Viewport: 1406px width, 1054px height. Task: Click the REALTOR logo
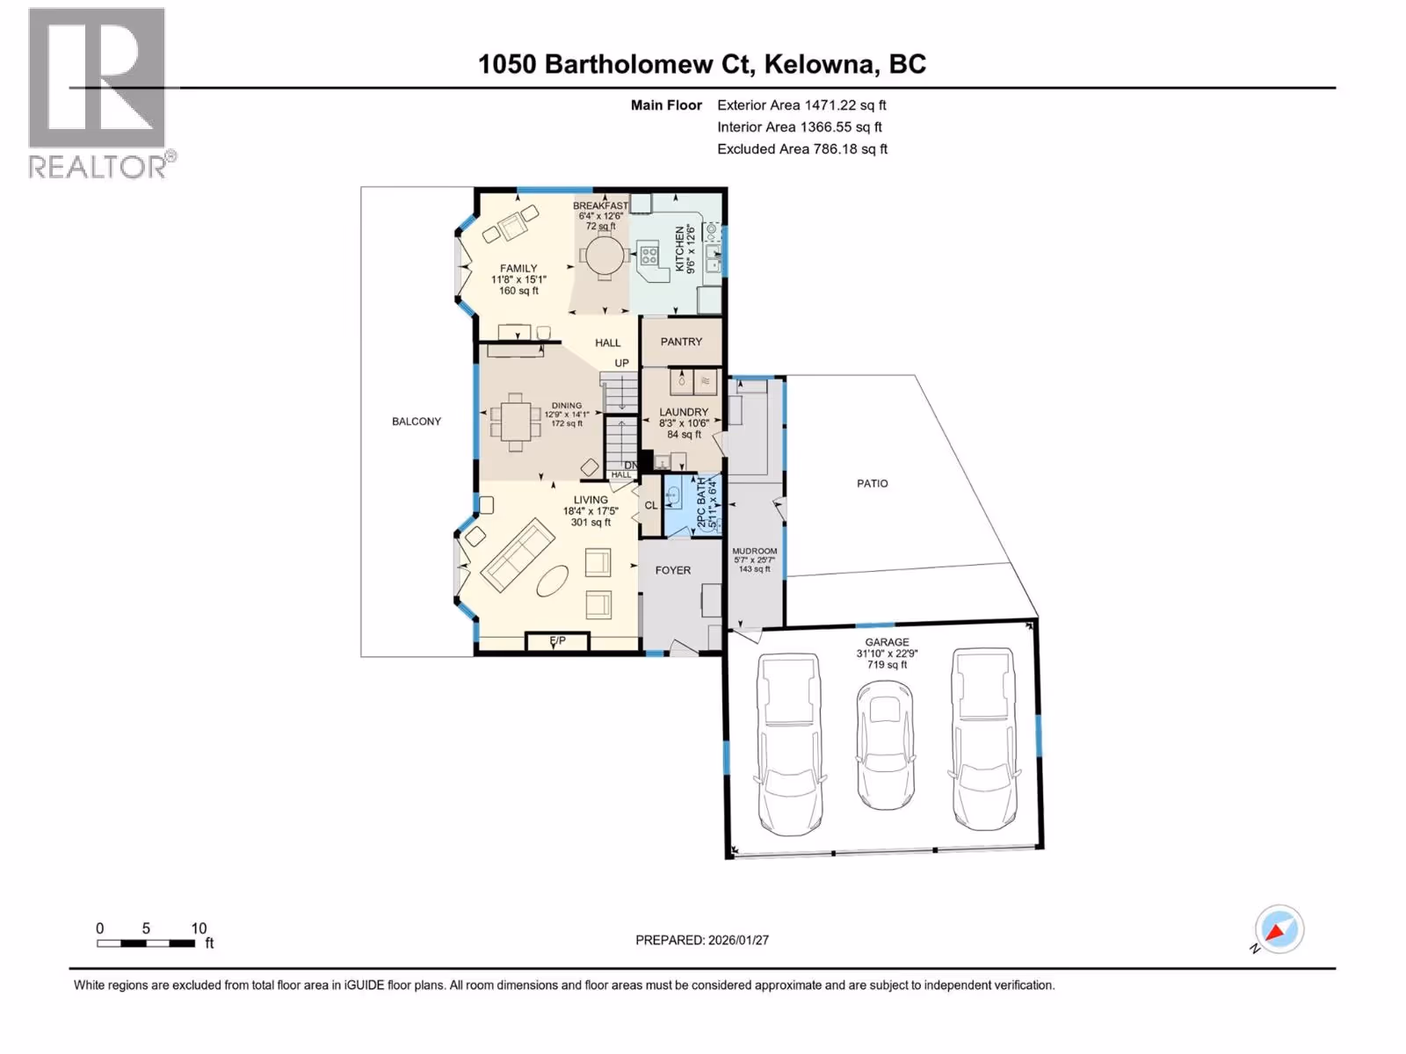tap(102, 93)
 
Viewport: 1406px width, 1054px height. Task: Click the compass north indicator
tap(1279, 930)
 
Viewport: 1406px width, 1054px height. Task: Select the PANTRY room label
tap(682, 342)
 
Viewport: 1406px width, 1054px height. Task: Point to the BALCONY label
tap(417, 421)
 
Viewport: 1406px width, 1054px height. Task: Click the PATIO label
tap(873, 484)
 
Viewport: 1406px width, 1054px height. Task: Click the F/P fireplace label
tap(557, 640)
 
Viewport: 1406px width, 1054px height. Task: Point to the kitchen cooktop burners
tap(649, 256)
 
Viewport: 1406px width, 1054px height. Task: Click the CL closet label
tap(651, 506)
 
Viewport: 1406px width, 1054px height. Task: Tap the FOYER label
tap(673, 570)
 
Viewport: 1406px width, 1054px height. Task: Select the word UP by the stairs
tap(621, 363)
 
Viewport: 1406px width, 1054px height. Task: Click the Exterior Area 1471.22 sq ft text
tap(802, 105)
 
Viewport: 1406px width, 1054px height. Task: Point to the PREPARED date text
tap(702, 940)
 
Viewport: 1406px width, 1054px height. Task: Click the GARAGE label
tap(888, 642)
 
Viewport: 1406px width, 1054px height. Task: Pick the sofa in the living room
tap(518, 555)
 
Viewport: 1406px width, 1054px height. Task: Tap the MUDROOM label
tap(755, 551)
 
